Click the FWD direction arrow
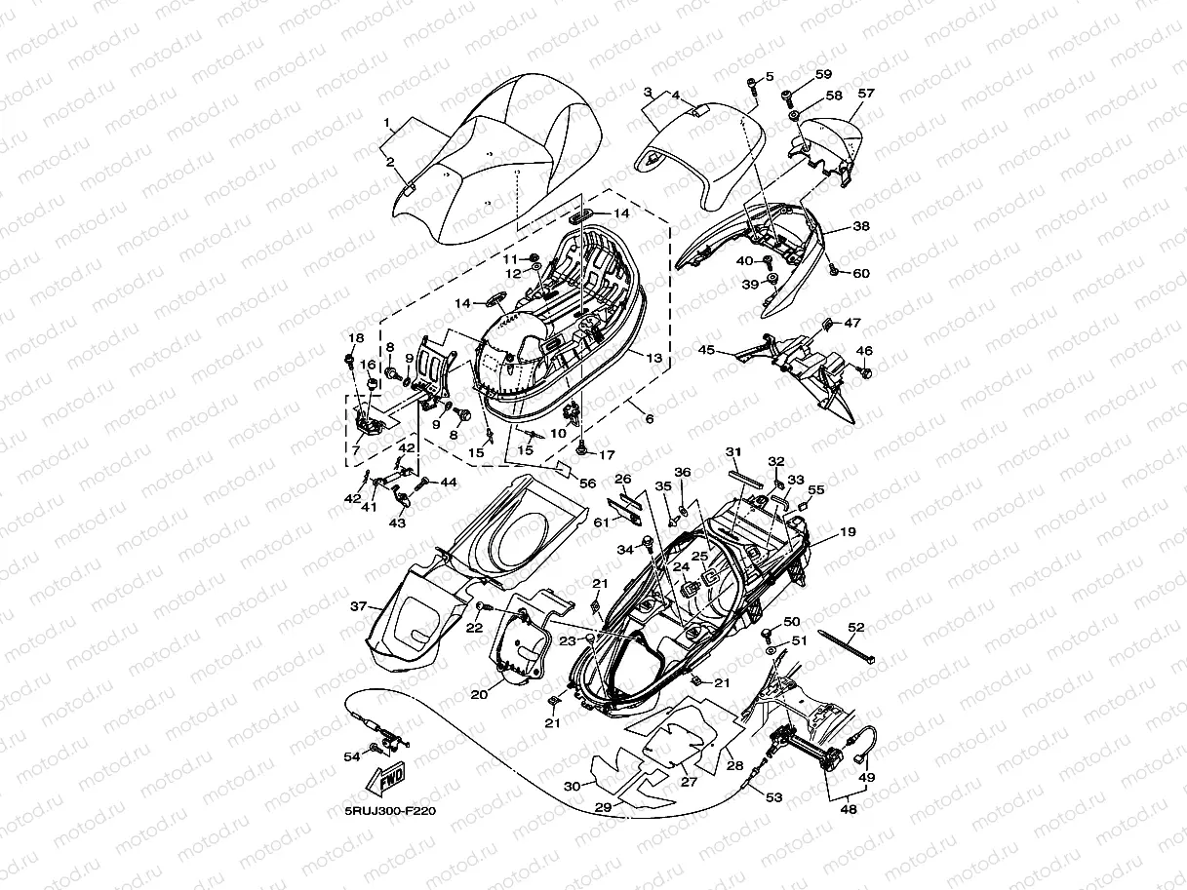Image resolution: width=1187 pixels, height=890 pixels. (x=387, y=780)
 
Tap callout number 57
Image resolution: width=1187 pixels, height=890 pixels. (x=865, y=94)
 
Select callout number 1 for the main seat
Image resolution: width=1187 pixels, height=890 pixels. (x=386, y=124)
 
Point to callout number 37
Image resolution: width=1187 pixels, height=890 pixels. (x=359, y=606)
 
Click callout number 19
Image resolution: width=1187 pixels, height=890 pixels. (x=847, y=532)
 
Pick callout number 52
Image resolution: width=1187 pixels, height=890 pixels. (x=855, y=627)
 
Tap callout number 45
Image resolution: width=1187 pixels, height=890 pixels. (x=706, y=349)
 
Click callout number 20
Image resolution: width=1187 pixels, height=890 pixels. (x=478, y=695)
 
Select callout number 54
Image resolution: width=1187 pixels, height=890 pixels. (x=351, y=756)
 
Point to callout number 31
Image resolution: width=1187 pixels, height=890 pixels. (x=733, y=451)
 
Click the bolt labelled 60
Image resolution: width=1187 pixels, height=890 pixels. (x=834, y=272)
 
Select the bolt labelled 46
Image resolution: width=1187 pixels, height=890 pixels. (x=864, y=371)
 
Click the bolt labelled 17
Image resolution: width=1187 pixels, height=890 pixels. (x=581, y=450)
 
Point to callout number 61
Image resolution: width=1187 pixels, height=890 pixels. (x=601, y=523)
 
